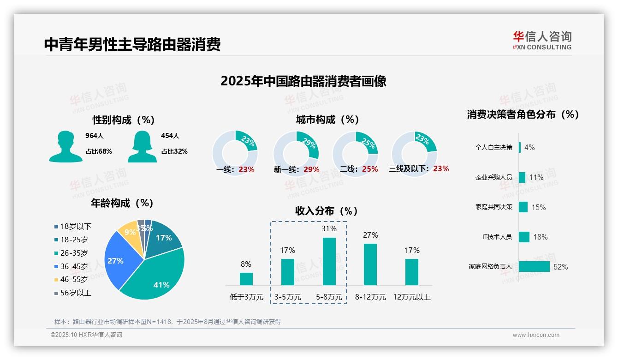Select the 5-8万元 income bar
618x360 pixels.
click(x=329, y=261)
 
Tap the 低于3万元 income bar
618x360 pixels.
click(x=246, y=279)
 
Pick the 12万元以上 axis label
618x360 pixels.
click(x=412, y=297)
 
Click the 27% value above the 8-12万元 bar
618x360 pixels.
click(x=370, y=235)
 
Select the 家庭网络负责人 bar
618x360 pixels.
click(x=534, y=267)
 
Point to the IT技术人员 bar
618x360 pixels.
click(x=524, y=237)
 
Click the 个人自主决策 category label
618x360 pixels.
click(x=493, y=147)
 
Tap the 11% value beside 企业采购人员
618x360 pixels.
click(x=536, y=177)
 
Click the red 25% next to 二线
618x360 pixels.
click(x=370, y=169)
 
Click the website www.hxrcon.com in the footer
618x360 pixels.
click(x=536, y=335)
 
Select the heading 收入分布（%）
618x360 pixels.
click(x=327, y=211)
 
